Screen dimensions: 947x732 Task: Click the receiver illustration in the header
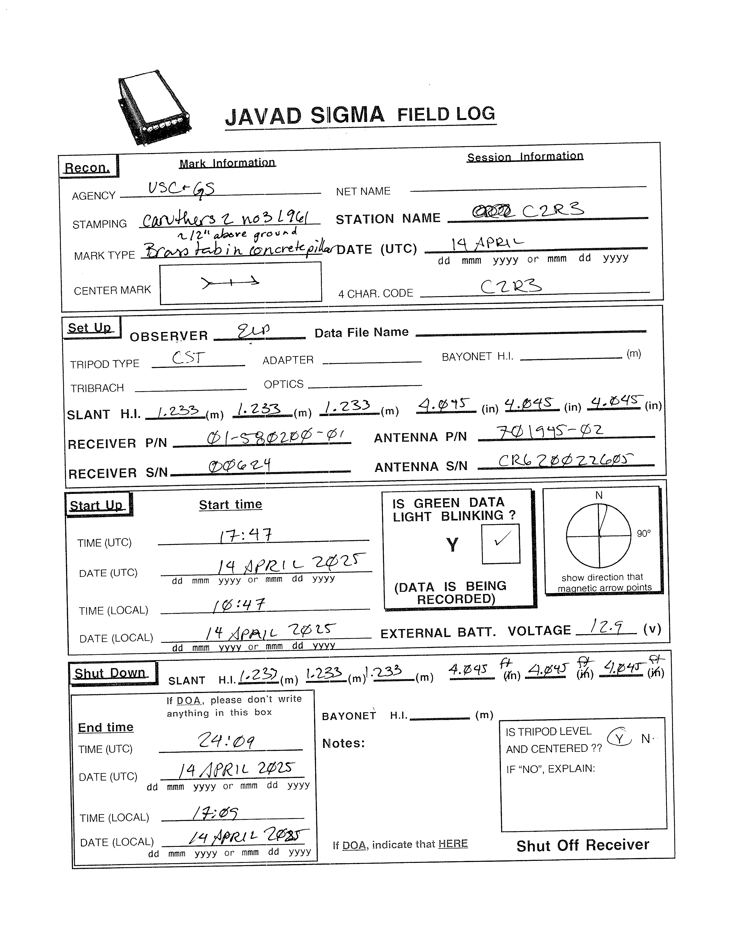click(x=154, y=108)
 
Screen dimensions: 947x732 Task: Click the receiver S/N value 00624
click(x=239, y=466)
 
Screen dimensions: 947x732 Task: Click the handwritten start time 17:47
click(x=245, y=535)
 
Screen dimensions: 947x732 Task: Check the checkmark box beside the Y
click(x=500, y=543)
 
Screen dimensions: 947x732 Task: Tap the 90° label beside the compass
click(x=644, y=533)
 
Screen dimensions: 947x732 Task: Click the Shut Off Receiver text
click(x=582, y=845)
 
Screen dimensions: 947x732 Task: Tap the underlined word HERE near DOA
click(x=453, y=843)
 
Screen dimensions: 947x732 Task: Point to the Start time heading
click(x=230, y=504)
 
